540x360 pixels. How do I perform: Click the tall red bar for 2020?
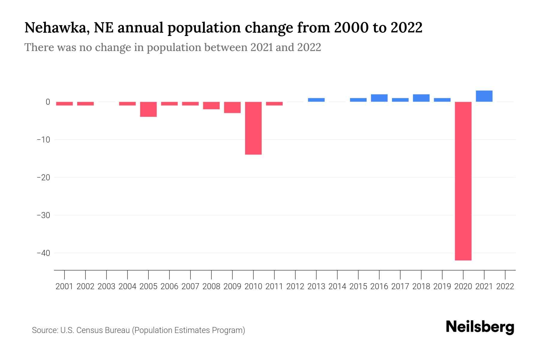pos(463,181)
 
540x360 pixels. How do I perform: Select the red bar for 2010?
pos(253,128)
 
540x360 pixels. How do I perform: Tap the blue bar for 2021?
pos(484,96)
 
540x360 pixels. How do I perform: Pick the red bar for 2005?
pos(148,109)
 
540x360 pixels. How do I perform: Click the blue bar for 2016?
pos(379,98)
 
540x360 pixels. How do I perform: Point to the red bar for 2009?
pos(232,107)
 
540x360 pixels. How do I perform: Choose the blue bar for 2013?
pos(316,100)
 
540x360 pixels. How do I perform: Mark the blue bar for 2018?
pos(421,98)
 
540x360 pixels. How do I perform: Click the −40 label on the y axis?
pos(43,253)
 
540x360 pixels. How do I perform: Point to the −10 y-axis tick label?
pos(43,139)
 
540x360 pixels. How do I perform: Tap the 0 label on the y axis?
pos(48,102)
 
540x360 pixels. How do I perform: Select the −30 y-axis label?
pos(43,215)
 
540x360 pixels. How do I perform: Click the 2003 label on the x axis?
pos(106,286)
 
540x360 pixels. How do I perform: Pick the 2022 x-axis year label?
pos(505,286)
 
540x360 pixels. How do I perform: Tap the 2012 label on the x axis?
pos(295,286)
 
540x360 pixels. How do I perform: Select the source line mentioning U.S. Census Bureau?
pos(138,330)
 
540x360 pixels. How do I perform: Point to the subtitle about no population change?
pos(172,47)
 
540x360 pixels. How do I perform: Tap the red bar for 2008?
pos(211,106)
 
